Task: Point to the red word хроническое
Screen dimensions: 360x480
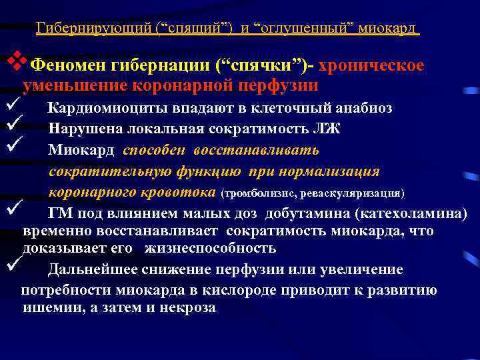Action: click(372, 67)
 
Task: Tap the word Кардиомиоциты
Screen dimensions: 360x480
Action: click(103, 109)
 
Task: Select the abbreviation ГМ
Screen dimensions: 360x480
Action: click(60, 214)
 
